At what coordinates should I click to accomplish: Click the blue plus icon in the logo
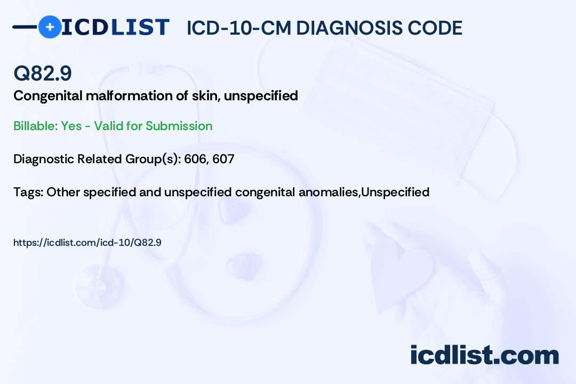[50, 27]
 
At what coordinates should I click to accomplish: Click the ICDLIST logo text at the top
[115, 27]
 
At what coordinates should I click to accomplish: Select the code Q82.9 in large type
[43, 74]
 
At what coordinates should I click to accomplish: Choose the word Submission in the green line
[179, 126]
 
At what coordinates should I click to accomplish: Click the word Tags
[28, 192]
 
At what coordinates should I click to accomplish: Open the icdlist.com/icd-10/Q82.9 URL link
[87, 243]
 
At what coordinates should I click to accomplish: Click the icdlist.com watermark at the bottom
[484, 355]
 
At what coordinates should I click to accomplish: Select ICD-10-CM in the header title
[238, 28]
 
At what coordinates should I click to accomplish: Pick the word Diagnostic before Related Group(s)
[43, 159]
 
